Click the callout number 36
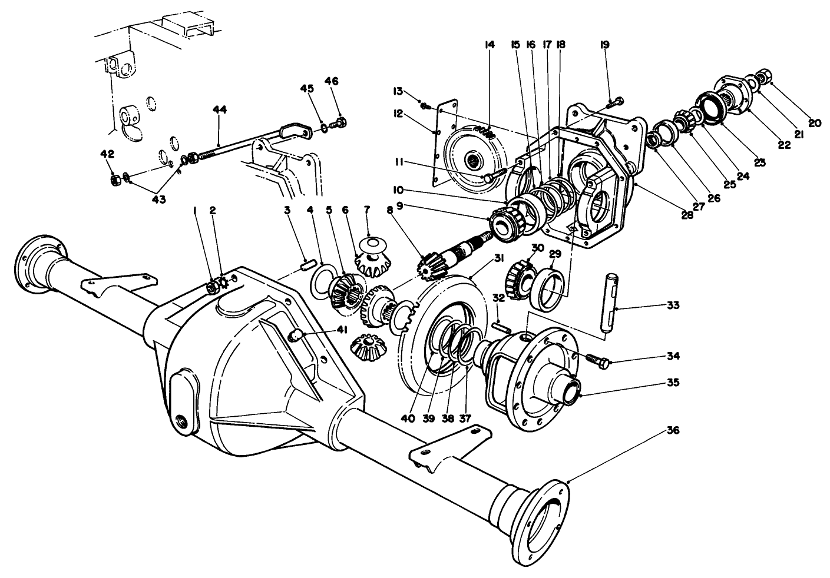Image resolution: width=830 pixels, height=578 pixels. (x=674, y=430)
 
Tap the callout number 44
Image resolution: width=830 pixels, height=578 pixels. (x=219, y=109)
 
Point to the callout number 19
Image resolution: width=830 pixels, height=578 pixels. (x=605, y=44)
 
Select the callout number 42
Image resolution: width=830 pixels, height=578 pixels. (x=107, y=154)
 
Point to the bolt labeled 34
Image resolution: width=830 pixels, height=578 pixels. (x=597, y=360)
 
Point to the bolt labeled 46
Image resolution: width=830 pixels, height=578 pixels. (x=339, y=123)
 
